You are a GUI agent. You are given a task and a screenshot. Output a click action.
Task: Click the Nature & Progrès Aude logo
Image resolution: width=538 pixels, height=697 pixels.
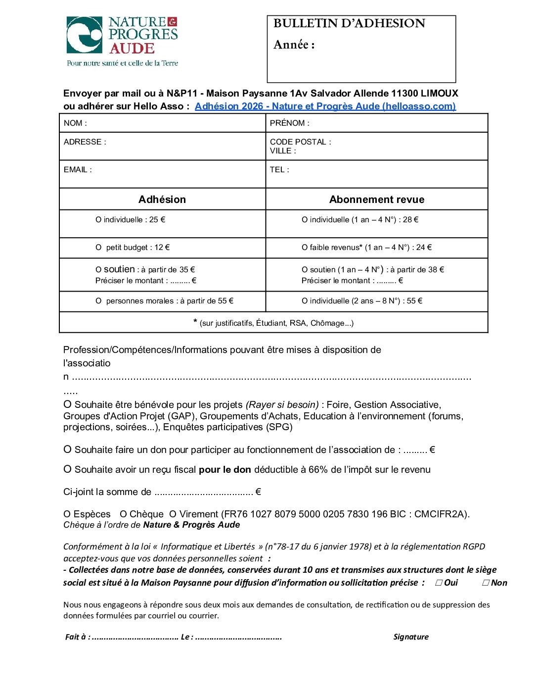click(x=122, y=41)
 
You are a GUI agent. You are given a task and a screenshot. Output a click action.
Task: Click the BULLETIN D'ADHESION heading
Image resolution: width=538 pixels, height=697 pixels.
click(x=349, y=23)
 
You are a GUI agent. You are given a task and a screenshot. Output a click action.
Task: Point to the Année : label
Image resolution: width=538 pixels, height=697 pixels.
click(x=294, y=45)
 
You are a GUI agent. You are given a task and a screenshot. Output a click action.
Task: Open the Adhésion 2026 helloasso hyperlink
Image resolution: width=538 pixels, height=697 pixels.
click(x=325, y=106)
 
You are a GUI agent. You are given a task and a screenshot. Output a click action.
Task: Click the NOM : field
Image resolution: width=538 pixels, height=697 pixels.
click(x=162, y=123)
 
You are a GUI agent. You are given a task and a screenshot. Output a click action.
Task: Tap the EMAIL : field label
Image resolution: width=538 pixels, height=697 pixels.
click(x=78, y=170)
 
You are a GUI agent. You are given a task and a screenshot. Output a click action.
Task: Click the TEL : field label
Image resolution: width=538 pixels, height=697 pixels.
click(x=279, y=170)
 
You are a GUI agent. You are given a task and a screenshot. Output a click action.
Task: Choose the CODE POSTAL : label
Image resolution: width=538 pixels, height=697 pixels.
click(x=300, y=142)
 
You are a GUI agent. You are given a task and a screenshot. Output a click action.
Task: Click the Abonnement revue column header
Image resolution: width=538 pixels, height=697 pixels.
click(x=377, y=199)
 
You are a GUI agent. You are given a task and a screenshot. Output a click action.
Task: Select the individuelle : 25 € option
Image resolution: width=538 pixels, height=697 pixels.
click(x=98, y=220)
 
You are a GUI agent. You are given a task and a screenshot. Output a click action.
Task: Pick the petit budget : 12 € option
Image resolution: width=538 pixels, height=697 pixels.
click(x=98, y=248)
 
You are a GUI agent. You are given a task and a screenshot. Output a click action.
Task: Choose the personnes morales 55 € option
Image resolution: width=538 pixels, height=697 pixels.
click(x=98, y=301)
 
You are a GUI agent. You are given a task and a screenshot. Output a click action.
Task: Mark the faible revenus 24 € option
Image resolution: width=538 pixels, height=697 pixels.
click(x=305, y=248)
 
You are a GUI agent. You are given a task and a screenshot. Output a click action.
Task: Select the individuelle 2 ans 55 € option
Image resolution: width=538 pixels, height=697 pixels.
click(x=305, y=301)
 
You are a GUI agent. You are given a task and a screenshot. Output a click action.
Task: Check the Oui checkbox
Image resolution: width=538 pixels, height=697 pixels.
click(x=439, y=583)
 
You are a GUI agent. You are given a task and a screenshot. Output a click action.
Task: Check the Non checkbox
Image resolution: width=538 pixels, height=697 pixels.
click(x=486, y=583)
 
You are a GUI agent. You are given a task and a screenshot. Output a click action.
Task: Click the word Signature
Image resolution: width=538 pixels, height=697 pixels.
click(x=411, y=637)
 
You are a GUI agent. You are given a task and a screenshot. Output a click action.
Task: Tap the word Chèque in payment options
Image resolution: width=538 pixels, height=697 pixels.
click(x=146, y=514)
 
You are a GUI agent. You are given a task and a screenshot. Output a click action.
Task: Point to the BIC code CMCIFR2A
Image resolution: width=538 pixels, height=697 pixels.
click(x=441, y=514)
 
